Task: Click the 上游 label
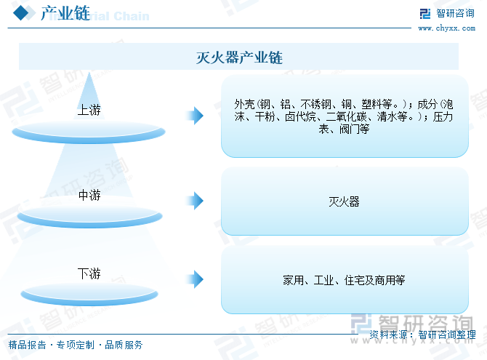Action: pos(89,110)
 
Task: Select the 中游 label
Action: pos(89,195)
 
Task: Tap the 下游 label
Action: pos(89,273)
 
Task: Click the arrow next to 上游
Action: pos(195,116)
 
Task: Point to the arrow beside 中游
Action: pos(195,201)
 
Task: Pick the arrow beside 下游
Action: pos(195,279)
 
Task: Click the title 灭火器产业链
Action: pos(239,57)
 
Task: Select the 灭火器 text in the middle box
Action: pos(344,201)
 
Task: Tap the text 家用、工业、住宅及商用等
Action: pos(344,281)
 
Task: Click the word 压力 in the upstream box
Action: pos(443,117)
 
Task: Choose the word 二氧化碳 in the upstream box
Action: pos(346,117)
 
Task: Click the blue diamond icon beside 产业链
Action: pos(21,13)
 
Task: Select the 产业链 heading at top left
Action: pos(65,13)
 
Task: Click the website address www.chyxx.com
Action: pos(446,28)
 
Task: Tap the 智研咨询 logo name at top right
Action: pos(455,13)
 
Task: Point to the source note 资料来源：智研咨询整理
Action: pos(422,335)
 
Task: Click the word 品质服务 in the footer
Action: pos(124,345)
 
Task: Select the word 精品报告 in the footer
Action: pos(28,345)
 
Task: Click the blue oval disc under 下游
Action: pos(89,294)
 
